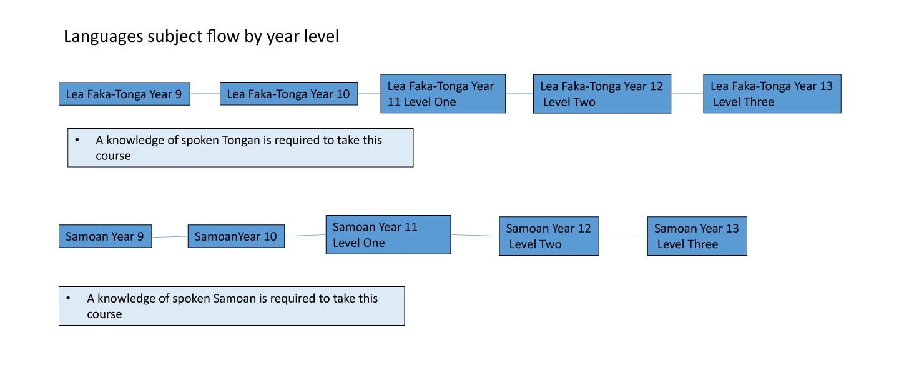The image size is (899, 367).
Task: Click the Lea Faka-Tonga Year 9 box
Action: pyautogui.click(x=124, y=94)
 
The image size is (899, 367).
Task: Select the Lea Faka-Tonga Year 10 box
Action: pyautogui.click(x=289, y=94)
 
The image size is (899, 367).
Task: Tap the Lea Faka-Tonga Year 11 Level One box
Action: pyautogui.click(x=443, y=94)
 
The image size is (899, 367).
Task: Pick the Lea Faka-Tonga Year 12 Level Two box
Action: pyautogui.click(x=602, y=94)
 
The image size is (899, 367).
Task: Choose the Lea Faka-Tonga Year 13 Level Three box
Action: pyautogui.click(x=772, y=94)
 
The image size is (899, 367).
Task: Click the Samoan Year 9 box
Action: pyautogui.click(x=105, y=236)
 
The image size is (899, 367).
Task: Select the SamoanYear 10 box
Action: pyautogui.click(x=237, y=236)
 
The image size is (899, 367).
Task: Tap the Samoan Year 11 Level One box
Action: pyautogui.click(x=388, y=234)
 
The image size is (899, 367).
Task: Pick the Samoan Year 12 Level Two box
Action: pyautogui.click(x=549, y=236)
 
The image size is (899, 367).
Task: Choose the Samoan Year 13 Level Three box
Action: pyautogui.click(x=697, y=236)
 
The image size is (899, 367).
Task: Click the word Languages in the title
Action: pyautogui.click(x=104, y=37)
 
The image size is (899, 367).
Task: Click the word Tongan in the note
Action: pyautogui.click(x=240, y=141)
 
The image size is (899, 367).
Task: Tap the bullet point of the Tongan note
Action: pyautogui.click(x=77, y=140)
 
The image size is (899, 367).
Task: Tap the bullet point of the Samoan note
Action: pyautogui.click(x=68, y=298)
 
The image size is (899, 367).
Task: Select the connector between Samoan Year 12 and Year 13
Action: pyautogui.click(x=623, y=236)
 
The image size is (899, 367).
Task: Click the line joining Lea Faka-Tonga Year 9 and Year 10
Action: pyautogui.click(x=205, y=94)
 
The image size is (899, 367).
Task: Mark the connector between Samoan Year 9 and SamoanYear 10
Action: pyautogui.click(x=170, y=237)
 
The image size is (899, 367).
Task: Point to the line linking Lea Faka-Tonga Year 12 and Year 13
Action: pyautogui.click(x=687, y=94)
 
